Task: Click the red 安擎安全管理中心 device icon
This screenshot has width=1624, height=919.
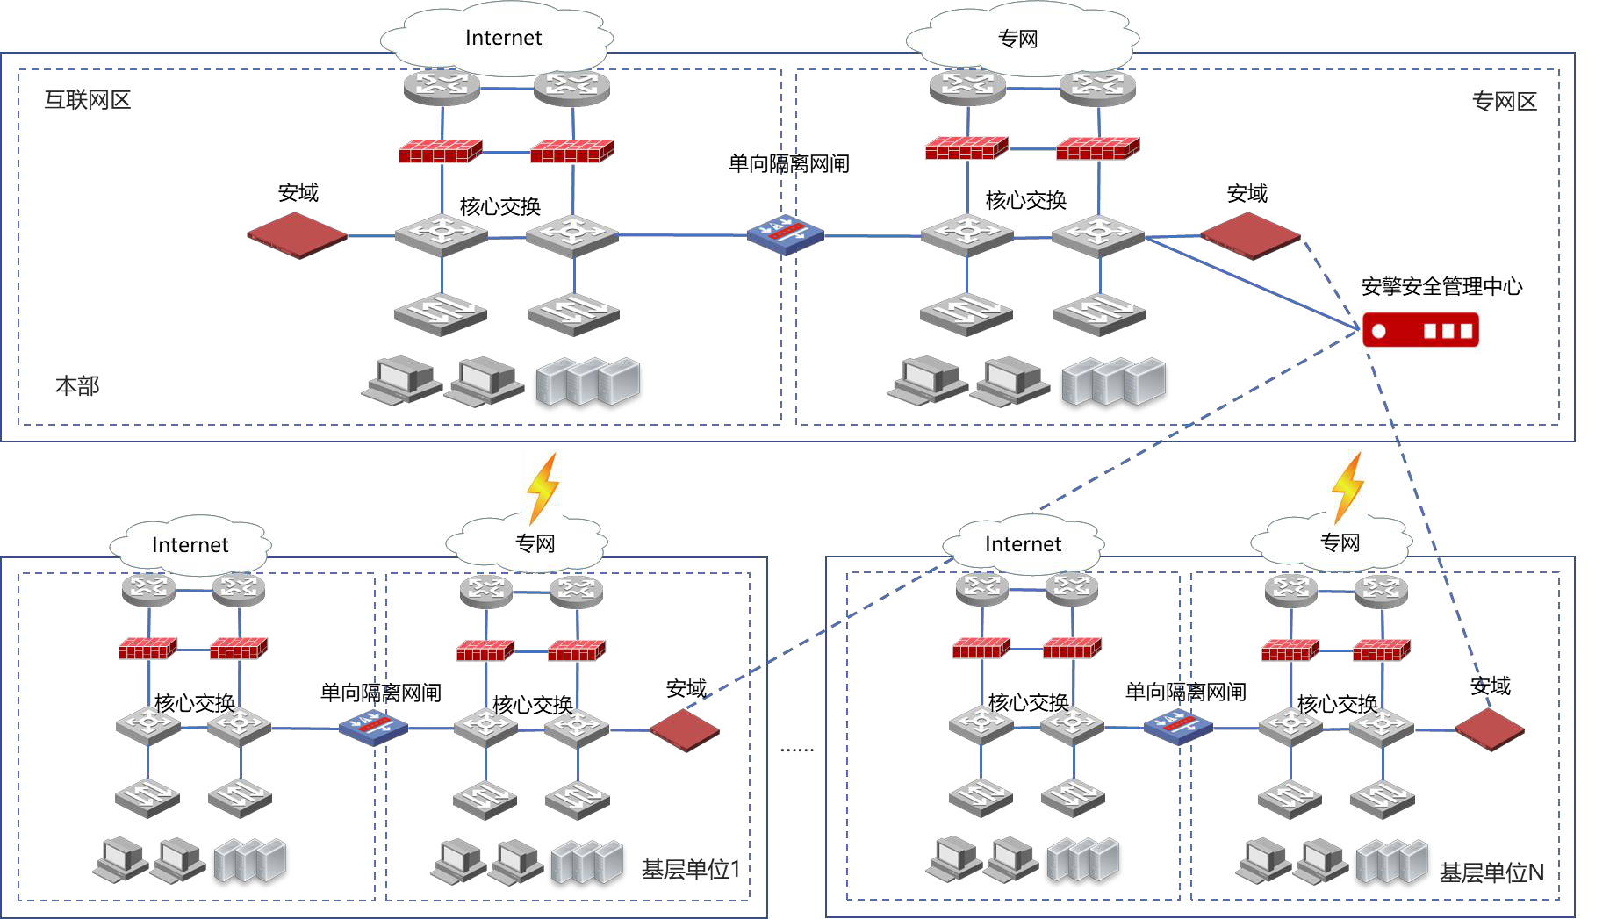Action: coord(1419,330)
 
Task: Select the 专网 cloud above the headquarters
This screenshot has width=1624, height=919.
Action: coord(1020,39)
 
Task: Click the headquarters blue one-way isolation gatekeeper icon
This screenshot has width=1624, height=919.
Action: coord(786,234)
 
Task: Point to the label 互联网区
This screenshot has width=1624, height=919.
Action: coord(88,100)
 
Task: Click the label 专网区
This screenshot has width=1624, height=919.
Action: coord(1504,102)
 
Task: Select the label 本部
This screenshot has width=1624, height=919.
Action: coord(77,385)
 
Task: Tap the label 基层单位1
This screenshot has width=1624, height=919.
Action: coord(691,870)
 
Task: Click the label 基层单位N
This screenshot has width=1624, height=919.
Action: coord(1491,872)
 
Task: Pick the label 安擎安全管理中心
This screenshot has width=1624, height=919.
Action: coord(1441,286)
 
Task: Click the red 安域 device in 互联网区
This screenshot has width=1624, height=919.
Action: coord(297,236)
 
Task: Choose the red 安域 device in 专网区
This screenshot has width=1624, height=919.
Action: coord(1249,236)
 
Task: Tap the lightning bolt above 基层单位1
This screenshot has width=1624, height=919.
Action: coord(543,487)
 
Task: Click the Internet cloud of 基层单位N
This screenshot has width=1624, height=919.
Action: coord(1024,544)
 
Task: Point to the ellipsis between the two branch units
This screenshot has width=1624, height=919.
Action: coord(797,749)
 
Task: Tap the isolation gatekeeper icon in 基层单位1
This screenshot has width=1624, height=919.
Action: coord(373,728)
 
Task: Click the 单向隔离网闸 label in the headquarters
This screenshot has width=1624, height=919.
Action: coord(788,163)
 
